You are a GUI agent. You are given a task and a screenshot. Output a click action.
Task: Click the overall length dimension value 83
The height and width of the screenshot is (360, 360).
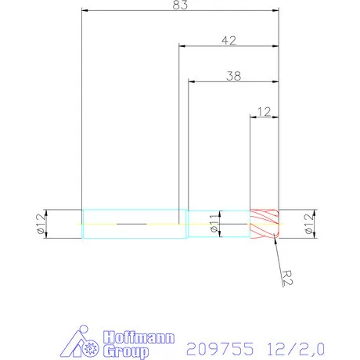[x=181, y=5]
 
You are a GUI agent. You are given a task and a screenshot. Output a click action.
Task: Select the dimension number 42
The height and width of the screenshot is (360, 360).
[x=229, y=40]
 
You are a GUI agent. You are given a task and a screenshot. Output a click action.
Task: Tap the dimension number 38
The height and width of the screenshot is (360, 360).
[x=233, y=76]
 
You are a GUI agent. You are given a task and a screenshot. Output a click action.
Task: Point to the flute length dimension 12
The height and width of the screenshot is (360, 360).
[x=264, y=111]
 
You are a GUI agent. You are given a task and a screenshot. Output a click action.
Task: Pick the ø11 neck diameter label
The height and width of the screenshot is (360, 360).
[x=214, y=225]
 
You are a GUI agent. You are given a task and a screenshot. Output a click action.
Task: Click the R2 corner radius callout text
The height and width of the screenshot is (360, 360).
[x=287, y=275]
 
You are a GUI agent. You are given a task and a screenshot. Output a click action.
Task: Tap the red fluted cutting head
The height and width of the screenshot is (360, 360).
[x=264, y=225]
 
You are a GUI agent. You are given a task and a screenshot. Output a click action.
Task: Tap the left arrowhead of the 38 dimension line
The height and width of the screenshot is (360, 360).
[x=190, y=81]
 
